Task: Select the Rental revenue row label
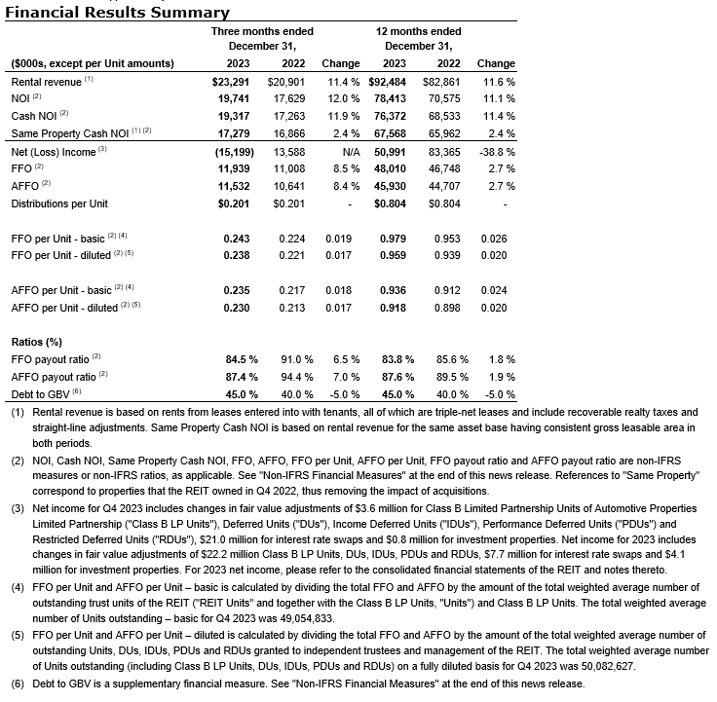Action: pos(46,82)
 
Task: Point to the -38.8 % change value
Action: pos(496,151)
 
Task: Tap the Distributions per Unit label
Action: pos(60,203)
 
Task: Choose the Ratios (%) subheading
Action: pos(37,342)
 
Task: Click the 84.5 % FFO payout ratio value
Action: pos(242,359)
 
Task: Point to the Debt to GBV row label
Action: pos(44,394)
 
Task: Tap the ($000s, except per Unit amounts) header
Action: pos(93,63)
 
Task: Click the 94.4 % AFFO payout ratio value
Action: pos(297,377)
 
